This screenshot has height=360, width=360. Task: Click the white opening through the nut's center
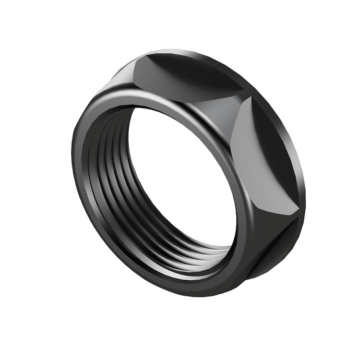[x=182, y=182]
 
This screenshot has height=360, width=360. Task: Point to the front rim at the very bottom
[x=182, y=286]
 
